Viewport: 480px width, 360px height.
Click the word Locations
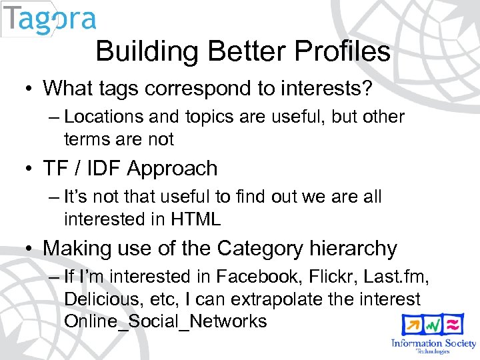[105, 117]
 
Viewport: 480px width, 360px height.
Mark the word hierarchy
[353, 249]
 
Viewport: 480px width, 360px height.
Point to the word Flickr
[306, 277]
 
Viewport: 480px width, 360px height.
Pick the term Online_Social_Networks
[165, 321]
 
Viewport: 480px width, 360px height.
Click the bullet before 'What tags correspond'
[31, 88]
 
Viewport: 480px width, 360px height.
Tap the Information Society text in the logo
[433, 343]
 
